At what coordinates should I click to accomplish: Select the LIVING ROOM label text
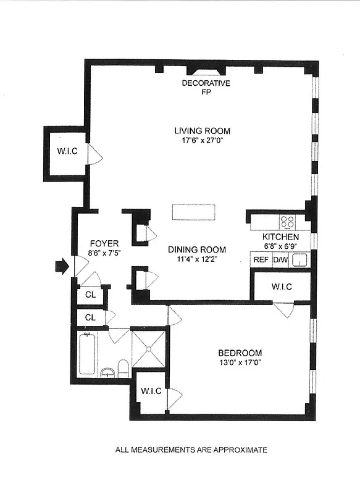pos(202,131)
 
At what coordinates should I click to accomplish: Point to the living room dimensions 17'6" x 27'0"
pos(202,140)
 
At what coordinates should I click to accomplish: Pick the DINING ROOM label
pos(197,249)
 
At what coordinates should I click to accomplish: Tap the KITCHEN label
pos(280,237)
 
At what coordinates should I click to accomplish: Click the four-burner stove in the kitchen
pos(288,221)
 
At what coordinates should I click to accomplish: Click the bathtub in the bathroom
pos(86,353)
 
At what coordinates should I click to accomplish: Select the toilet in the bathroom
pos(122,369)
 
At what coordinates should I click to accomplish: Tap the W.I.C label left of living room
pos(67,151)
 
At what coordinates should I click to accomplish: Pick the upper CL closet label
pos(90,295)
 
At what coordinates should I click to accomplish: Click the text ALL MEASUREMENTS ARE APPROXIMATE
pos(191,450)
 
